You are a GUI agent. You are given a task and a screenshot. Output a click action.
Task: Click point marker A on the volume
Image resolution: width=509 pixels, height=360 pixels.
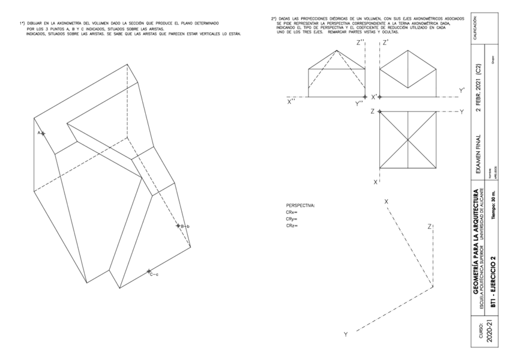point(43,133)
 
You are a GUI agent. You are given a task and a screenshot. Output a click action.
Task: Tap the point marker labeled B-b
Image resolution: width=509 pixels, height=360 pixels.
point(178,226)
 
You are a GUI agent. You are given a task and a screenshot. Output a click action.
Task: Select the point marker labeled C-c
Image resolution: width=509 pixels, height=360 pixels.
point(149,271)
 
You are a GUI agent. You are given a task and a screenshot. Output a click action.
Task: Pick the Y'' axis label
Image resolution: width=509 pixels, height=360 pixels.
point(359,103)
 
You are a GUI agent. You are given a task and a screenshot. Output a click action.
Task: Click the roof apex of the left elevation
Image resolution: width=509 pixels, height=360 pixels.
point(336,50)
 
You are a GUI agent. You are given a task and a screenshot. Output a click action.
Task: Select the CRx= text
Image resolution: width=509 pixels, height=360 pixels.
point(292,212)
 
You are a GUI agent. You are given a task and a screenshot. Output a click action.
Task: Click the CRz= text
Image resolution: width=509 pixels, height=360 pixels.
point(292,226)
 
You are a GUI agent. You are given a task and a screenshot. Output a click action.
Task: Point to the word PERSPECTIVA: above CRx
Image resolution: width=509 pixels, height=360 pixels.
point(301,206)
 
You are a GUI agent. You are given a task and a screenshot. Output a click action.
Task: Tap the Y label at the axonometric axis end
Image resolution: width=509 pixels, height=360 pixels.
point(345,334)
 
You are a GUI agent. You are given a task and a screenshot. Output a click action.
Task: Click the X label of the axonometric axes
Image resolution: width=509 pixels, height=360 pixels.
point(387,201)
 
